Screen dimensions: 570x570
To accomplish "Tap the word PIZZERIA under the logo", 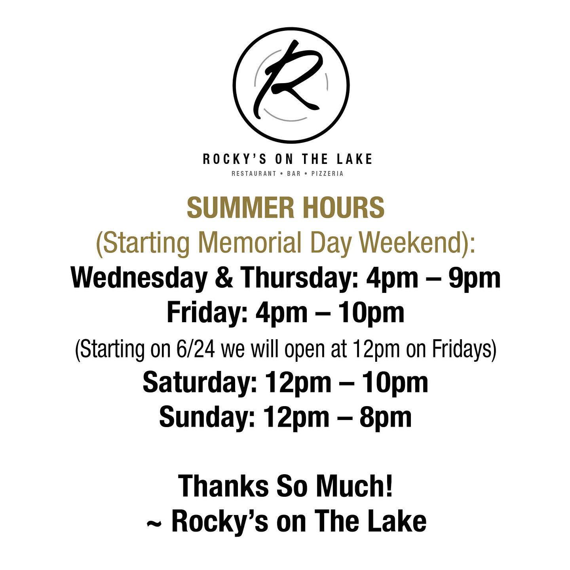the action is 327,174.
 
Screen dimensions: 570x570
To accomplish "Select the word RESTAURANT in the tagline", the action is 254,174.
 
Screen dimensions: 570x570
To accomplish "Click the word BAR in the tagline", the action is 294,174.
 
